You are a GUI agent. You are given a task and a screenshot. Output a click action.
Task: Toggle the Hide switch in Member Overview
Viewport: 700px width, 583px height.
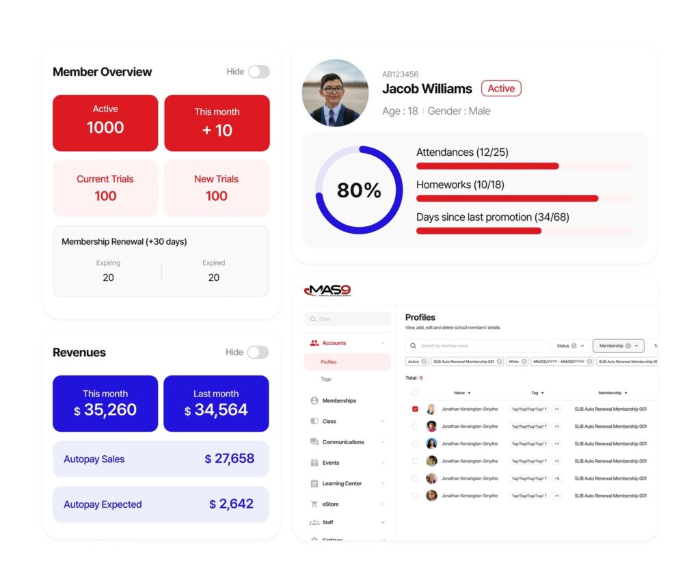point(258,72)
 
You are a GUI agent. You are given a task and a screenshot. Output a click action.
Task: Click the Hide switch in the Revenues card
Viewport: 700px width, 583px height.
point(258,352)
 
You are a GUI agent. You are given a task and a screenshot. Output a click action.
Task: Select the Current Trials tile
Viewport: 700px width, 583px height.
point(105,188)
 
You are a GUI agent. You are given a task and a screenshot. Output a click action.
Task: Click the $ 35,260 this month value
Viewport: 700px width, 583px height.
point(105,410)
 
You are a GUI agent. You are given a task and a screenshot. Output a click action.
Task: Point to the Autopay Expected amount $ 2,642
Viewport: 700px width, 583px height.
point(232,504)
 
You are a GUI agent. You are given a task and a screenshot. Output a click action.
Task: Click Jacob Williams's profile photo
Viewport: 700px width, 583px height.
point(335,93)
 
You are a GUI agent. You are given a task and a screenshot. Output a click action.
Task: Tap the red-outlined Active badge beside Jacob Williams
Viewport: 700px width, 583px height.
point(501,88)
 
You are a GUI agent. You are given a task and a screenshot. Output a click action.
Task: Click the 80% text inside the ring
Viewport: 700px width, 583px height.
point(359,190)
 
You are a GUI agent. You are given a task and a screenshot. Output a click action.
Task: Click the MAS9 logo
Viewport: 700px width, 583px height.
point(327,290)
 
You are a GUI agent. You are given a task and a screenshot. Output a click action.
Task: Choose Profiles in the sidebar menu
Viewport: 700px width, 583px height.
point(329,362)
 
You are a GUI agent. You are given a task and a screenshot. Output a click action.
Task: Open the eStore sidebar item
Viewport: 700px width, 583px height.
point(330,504)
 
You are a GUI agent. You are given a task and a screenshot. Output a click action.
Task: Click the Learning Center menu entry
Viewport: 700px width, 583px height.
point(342,483)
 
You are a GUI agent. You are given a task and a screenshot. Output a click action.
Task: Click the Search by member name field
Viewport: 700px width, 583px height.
point(479,346)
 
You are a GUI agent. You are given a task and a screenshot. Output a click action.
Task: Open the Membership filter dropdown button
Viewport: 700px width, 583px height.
point(618,346)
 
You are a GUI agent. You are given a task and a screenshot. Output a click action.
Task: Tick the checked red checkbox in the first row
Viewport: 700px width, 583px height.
point(415,409)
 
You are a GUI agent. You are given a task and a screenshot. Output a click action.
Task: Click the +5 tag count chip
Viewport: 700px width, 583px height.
point(556,478)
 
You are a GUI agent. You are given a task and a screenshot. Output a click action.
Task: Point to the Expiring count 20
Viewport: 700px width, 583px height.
point(108,277)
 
